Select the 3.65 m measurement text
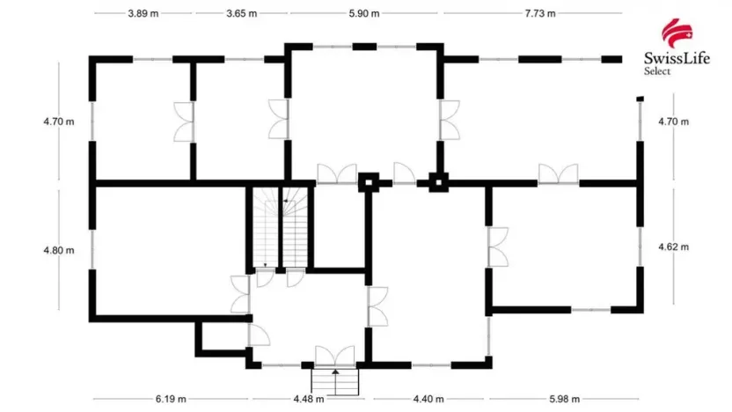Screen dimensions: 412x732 click(x=241, y=14)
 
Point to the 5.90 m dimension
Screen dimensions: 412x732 click(x=363, y=14)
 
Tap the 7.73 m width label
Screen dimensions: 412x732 click(x=541, y=14)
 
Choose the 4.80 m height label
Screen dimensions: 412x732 click(x=59, y=250)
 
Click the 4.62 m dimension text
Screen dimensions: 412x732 click(x=674, y=247)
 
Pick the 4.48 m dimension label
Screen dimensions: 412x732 click(x=309, y=399)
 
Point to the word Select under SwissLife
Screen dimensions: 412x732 click(x=655, y=71)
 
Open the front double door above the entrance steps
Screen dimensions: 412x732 click(x=334, y=357)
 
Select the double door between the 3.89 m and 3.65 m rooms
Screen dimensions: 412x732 click(x=185, y=121)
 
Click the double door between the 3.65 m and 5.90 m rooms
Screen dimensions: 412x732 click(x=279, y=119)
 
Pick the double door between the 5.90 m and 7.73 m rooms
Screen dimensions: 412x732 click(x=450, y=121)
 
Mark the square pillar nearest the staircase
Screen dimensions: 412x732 click(x=368, y=183)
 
